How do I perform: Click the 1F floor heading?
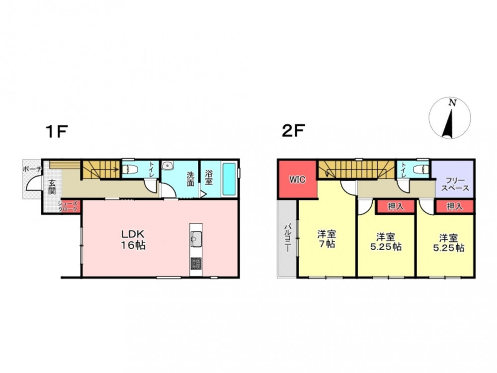point(57,131)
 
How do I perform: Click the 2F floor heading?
point(293,131)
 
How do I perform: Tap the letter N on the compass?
point(452,103)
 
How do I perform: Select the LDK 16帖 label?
point(133,240)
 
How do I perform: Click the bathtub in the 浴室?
point(229,179)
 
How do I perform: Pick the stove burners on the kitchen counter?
point(196,263)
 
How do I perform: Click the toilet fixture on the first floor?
point(129,170)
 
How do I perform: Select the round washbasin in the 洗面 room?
point(167,166)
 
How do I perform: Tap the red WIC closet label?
point(297,180)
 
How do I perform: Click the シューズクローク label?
point(68,207)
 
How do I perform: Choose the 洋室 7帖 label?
point(327,239)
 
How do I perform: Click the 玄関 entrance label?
point(52,187)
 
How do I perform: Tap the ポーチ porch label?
point(32,169)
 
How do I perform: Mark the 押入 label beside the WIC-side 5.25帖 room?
point(396,206)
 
